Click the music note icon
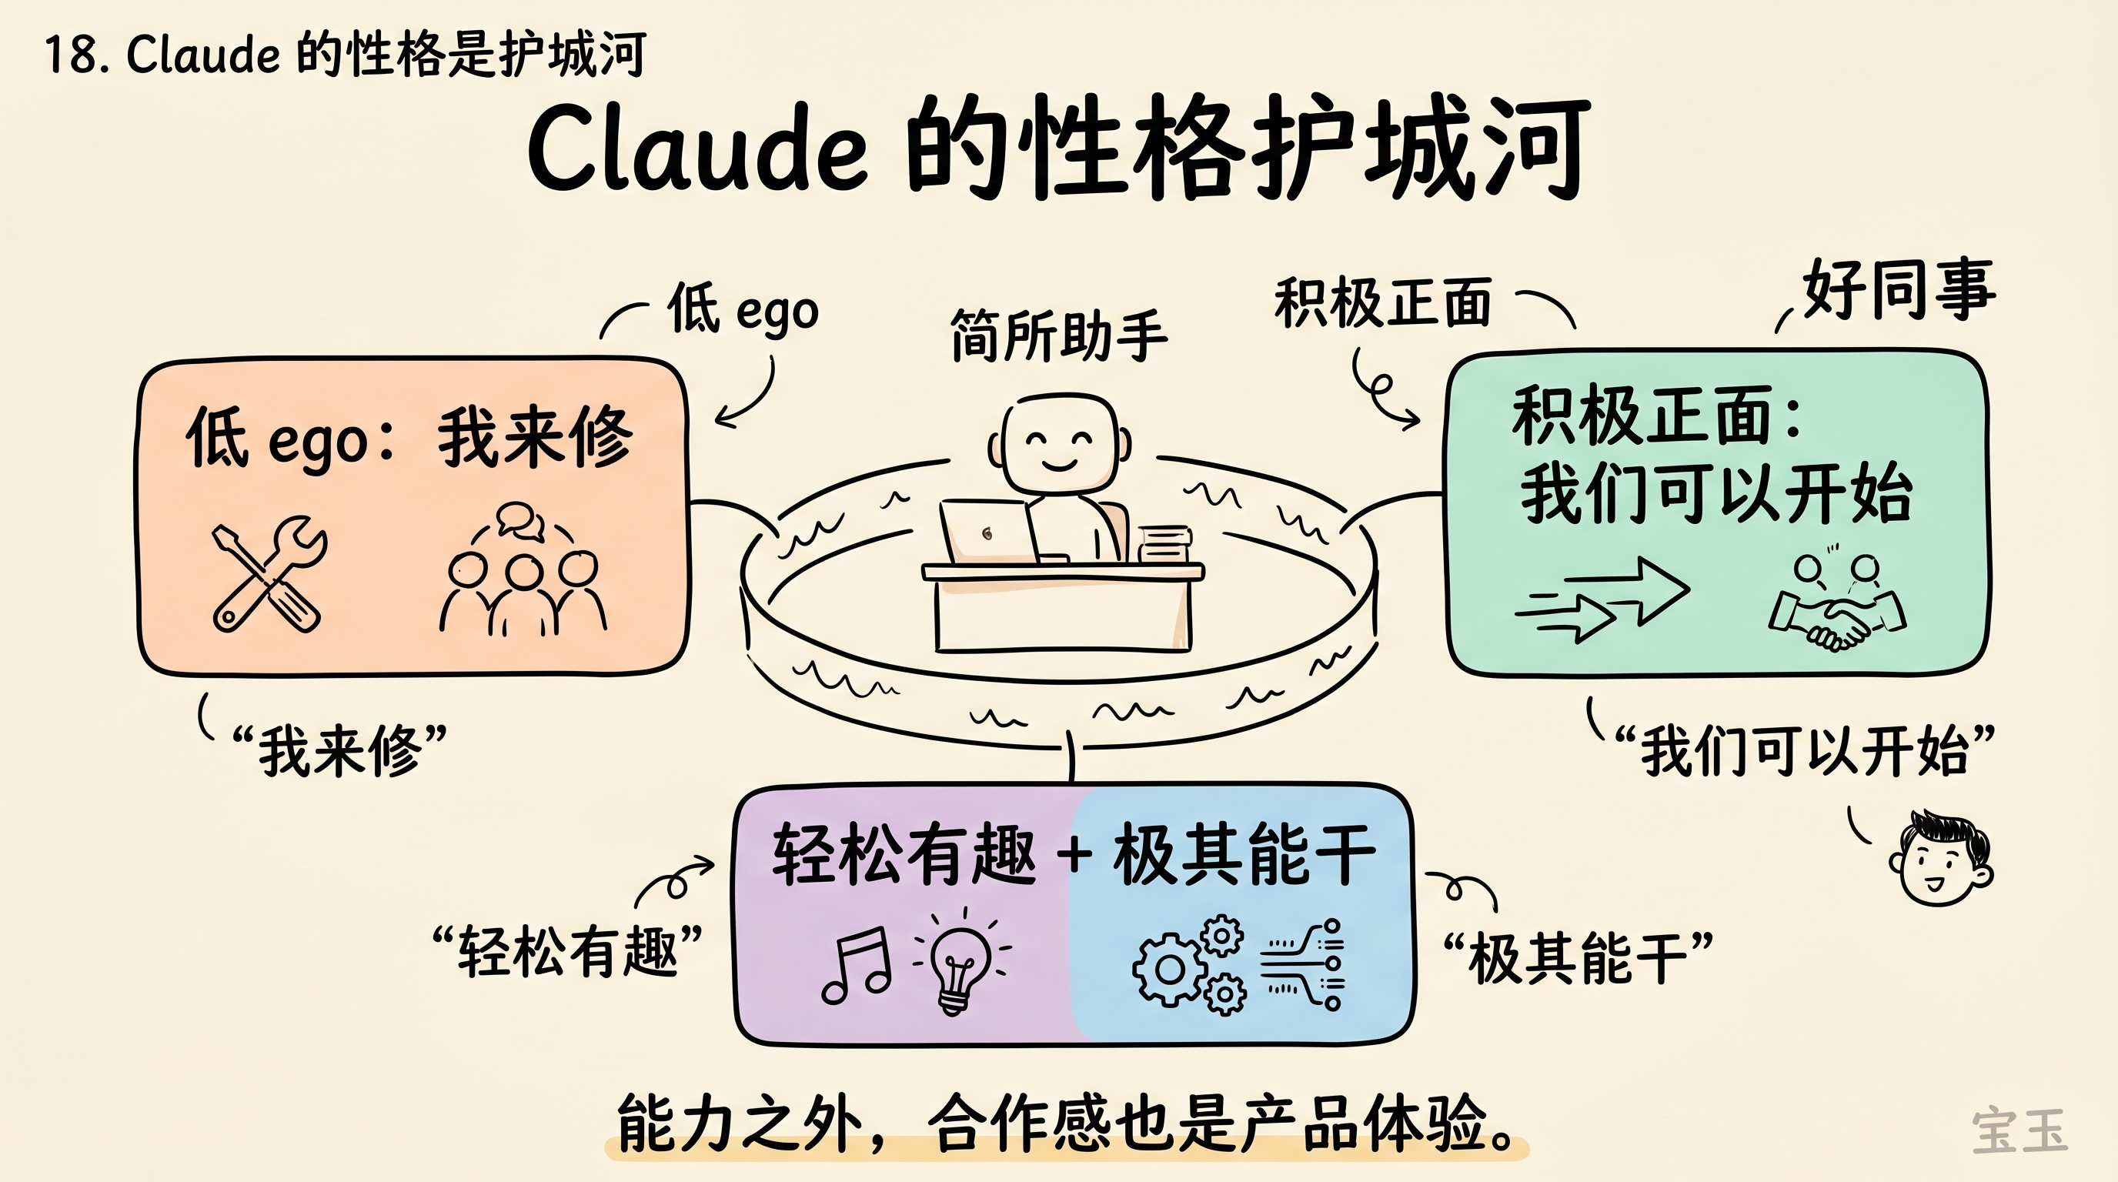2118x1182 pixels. [x=857, y=966]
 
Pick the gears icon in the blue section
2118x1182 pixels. [x=1188, y=966]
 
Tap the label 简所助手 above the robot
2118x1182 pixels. [x=1058, y=336]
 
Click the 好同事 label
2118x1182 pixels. [x=1899, y=289]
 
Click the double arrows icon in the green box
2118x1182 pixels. [x=1599, y=601]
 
